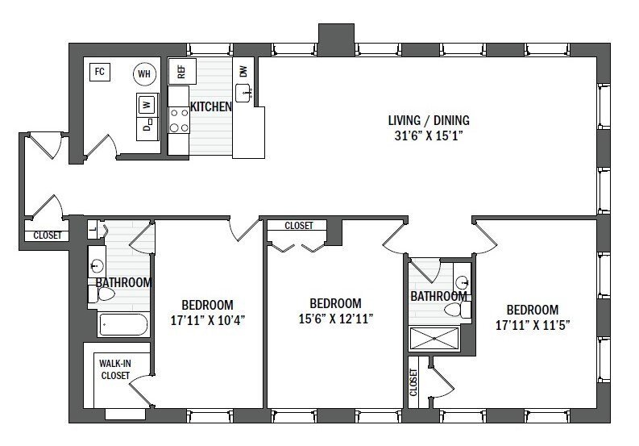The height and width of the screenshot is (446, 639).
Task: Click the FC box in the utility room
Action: pos(100,72)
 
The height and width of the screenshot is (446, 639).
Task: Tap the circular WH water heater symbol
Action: pos(144,74)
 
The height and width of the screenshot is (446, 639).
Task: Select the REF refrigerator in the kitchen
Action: pos(181,71)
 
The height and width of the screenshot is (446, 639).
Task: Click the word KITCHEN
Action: pos(210,106)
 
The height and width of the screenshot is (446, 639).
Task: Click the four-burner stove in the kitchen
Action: pos(179,121)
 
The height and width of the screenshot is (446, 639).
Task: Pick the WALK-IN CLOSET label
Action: pos(115,369)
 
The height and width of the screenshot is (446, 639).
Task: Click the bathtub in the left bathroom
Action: pos(122,325)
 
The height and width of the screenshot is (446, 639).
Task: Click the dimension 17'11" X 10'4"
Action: pos(207,319)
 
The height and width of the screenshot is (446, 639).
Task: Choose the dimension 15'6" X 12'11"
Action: pos(334,318)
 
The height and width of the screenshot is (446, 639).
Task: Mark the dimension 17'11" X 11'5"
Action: pos(532,323)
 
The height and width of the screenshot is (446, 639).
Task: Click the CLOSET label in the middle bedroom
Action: pos(298,227)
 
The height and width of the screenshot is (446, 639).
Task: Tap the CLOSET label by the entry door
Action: pos(47,236)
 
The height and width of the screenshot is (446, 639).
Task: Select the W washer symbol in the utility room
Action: pos(147,104)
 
